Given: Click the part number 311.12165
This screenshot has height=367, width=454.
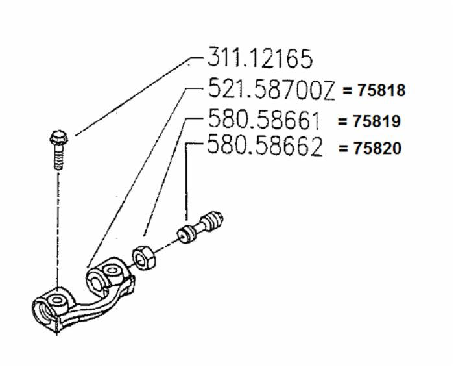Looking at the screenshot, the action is pyautogui.click(x=260, y=58).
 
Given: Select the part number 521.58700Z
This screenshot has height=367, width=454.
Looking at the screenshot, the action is pyautogui.click(x=271, y=89).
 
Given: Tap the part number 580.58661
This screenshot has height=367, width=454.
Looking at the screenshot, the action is pyautogui.click(x=264, y=119).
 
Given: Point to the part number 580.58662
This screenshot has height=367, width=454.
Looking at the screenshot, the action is pyautogui.click(x=265, y=146).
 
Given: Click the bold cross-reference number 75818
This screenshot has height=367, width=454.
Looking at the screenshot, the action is pyautogui.click(x=381, y=90).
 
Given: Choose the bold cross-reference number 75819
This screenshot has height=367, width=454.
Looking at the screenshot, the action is pyautogui.click(x=376, y=121).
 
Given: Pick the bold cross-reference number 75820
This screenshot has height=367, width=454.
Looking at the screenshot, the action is pyautogui.click(x=377, y=148).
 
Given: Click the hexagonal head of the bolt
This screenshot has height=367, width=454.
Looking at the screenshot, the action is pyautogui.click(x=59, y=138).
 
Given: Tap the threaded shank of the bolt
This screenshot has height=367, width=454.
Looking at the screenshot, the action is pyautogui.click(x=59, y=157).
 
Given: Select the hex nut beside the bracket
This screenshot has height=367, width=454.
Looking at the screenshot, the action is pyautogui.click(x=144, y=257).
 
